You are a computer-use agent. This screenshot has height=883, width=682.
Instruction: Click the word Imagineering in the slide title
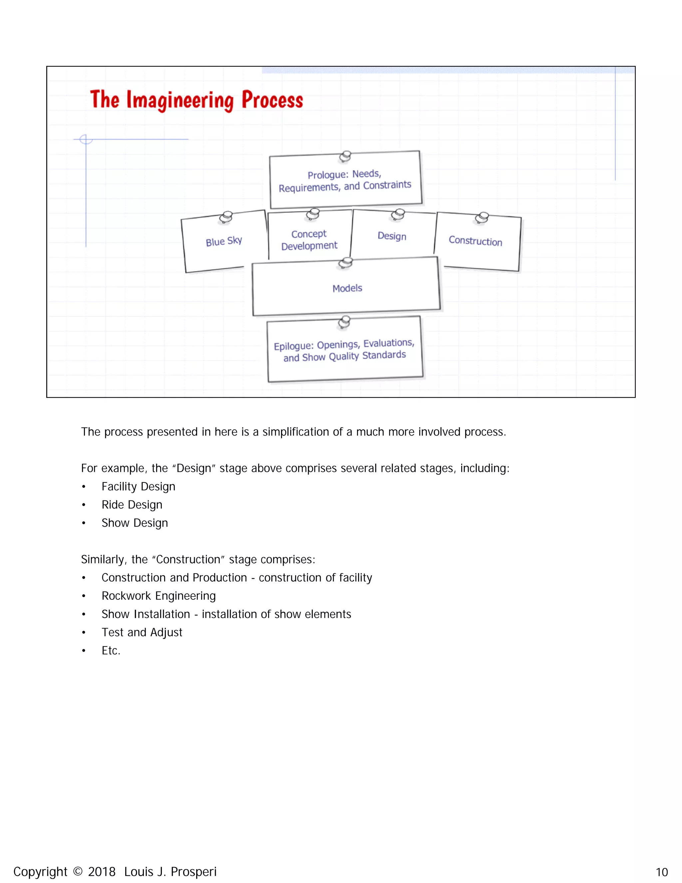click(x=180, y=100)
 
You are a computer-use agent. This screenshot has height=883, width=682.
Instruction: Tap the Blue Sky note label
click(x=224, y=241)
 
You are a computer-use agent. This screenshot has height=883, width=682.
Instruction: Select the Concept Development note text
click(x=309, y=240)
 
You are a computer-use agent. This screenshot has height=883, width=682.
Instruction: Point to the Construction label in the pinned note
click(x=476, y=241)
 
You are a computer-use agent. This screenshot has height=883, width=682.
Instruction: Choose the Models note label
click(x=347, y=288)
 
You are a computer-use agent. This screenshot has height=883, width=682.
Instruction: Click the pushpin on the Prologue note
click(x=345, y=156)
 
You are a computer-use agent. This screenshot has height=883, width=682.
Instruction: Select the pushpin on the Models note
click(x=345, y=263)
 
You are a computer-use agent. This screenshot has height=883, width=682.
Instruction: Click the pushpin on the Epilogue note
click(x=344, y=322)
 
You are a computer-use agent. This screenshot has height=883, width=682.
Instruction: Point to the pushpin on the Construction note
click(x=482, y=218)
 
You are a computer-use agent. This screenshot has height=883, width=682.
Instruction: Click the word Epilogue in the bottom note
click(x=294, y=347)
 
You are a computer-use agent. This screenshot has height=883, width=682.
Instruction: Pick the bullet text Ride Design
click(x=132, y=504)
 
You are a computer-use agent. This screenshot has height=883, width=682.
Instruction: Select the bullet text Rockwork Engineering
click(x=159, y=596)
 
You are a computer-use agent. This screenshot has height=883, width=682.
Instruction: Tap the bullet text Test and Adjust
click(x=142, y=632)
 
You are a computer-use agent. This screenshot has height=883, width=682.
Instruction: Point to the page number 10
click(x=661, y=872)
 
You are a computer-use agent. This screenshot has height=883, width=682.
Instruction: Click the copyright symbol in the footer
click(x=78, y=871)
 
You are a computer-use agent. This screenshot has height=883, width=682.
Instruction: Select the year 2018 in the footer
click(x=102, y=872)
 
